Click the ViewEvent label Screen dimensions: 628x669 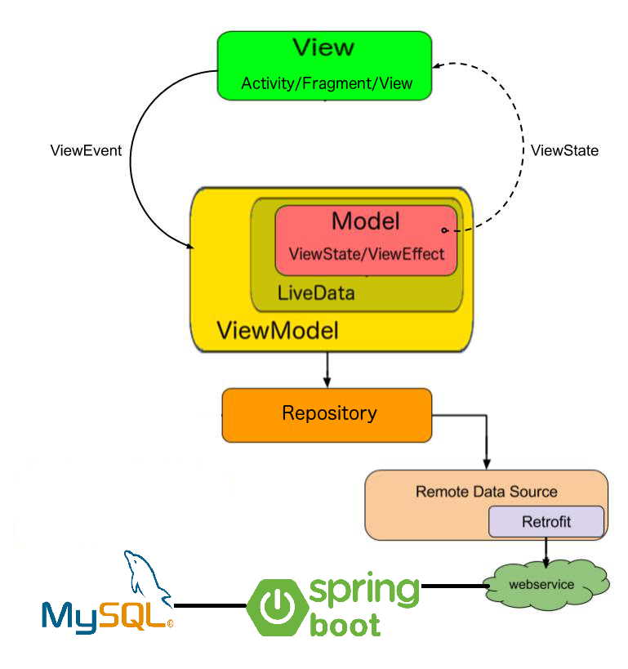pos(86,150)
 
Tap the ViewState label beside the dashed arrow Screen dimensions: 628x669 pos(564,150)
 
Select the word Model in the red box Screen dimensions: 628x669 pos(366,221)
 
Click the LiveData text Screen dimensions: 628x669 pos(316,293)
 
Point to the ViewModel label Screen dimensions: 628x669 pos(278,330)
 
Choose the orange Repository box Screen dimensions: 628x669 pos(327,415)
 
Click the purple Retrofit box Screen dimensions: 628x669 pos(546,521)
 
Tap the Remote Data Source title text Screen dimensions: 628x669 pos(487,492)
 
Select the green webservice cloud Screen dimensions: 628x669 pos(547,584)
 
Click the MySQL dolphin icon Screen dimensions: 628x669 pos(147,576)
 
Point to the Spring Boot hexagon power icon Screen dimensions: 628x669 pos(278,607)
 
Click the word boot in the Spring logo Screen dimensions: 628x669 pos(345,625)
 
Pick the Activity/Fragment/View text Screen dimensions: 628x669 pos(327,83)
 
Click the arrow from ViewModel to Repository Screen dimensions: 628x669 pos(327,370)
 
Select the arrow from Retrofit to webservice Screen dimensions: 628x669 pos(546,552)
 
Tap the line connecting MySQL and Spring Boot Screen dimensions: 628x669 pos(210,605)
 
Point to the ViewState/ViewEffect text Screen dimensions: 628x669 pos(367,254)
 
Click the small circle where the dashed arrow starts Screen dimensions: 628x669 pos(444,230)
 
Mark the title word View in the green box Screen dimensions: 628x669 pos(323,47)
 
